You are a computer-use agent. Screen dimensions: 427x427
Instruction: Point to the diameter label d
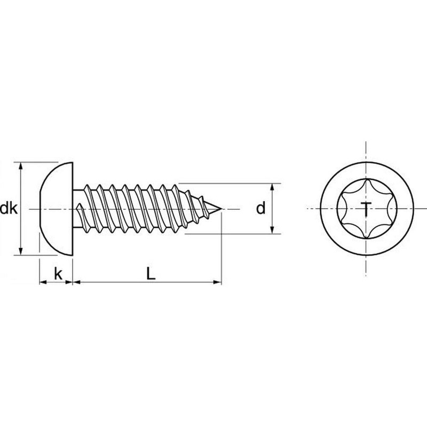pos(260,209)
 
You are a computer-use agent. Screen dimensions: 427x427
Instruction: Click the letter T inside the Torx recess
pos(366,209)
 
